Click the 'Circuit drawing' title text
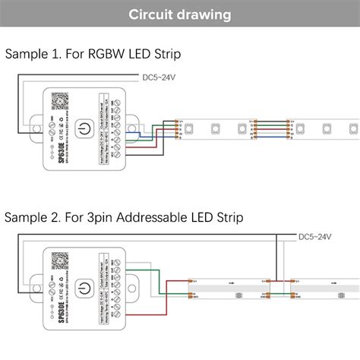[180, 14]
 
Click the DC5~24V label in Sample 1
[166, 77]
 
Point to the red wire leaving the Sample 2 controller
[144, 278]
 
